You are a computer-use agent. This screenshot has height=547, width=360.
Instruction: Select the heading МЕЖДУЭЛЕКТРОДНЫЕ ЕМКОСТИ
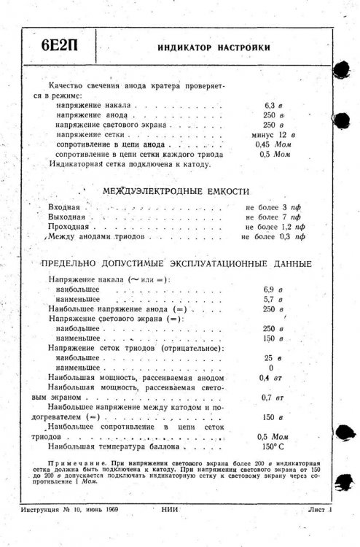(176, 191)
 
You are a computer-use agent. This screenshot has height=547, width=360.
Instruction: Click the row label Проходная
(68, 228)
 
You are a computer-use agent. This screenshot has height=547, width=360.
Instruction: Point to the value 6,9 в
(273, 290)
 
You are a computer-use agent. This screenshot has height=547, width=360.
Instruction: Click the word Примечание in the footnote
(76, 463)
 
